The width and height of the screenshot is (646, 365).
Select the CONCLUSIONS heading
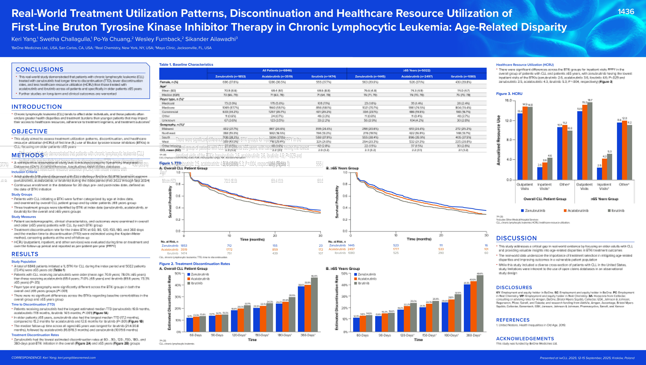click(x=40, y=69)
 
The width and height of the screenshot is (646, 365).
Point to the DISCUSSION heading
click(x=516, y=238)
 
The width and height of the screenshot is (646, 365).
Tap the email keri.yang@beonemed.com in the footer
click(x=76, y=358)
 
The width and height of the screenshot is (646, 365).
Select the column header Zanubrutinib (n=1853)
click(x=230, y=76)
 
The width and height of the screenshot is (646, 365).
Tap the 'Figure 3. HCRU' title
click(x=509, y=94)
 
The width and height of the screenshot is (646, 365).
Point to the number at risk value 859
click(x=275, y=250)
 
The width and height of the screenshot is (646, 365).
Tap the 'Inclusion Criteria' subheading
click(x=24, y=172)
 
